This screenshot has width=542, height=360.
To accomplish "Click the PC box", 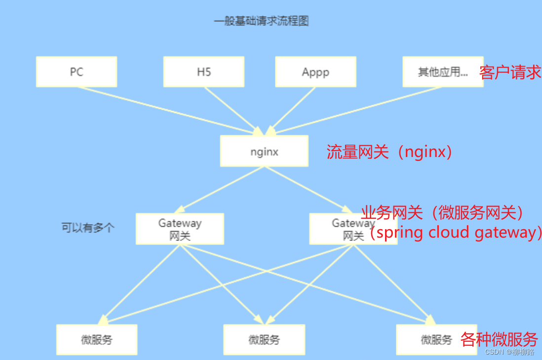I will tap(77, 72).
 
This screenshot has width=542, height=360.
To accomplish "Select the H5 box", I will tap(203, 72).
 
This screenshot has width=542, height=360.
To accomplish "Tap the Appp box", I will tap(315, 72).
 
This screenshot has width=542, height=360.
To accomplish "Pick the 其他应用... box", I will tap(442, 72).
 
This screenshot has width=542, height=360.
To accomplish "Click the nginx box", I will tap(264, 151).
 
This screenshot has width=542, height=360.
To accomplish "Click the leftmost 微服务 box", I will tap(97, 340).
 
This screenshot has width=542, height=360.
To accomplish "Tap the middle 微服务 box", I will tap(264, 340).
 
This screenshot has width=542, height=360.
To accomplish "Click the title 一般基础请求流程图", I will tap(261, 21).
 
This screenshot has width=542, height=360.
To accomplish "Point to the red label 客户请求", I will tap(510, 73).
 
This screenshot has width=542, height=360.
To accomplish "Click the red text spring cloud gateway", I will tap(457, 232).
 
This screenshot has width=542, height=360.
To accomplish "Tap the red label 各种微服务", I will tap(499, 339).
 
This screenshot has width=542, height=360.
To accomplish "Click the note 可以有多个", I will tap(88, 228).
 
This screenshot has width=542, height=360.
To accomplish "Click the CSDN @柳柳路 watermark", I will tap(509, 352).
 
